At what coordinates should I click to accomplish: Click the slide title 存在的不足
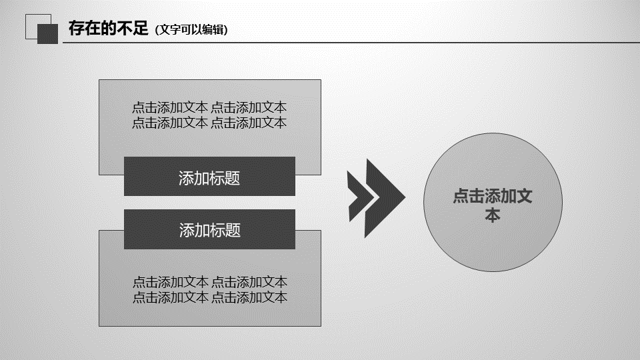(x=108, y=28)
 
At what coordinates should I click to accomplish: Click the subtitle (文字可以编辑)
(x=191, y=29)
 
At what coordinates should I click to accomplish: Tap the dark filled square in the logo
(x=48, y=34)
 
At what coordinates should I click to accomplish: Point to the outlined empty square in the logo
(x=39, y=27)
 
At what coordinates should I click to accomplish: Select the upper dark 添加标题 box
(x=209, y=176)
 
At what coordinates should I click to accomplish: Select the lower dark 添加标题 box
(x=209, y=229)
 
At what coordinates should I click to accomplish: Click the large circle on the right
(x=493, y=203)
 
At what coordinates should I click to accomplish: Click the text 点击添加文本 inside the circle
(x=493, y=205)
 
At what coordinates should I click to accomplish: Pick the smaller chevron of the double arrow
(x=361, y=197)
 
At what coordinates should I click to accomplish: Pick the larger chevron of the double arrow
(x=385, y=198)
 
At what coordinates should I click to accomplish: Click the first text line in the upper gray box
(x=209, y=107)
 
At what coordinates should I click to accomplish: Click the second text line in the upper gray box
(x=209, y=123)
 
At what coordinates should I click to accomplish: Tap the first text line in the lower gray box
(x=210, y=282)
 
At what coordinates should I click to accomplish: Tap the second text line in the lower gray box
(x=210, y=297)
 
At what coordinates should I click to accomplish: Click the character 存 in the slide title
(x=76, y=28)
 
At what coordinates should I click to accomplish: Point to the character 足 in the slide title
(x=140, y=28)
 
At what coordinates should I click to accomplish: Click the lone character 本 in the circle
(x=493, y=215)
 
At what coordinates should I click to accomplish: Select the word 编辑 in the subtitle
(x=213, y=29)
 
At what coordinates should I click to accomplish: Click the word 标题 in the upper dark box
(x=225, y=178)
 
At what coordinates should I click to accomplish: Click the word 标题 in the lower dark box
(x=225, y=230)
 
